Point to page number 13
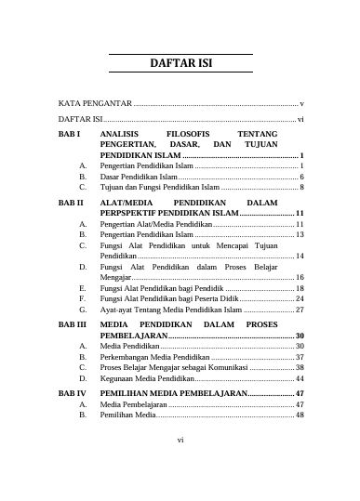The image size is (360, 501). click(x=300, y=237)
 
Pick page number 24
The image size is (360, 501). click(x=300, y=299)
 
